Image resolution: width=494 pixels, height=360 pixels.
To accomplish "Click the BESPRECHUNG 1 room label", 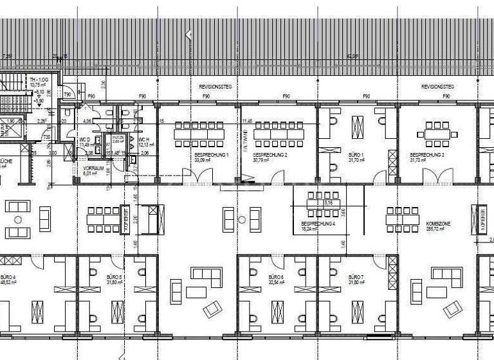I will pyautogui.click(x=212, y=155).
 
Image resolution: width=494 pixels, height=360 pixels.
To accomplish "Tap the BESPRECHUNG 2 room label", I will pyautogui.click(x=270, y=155).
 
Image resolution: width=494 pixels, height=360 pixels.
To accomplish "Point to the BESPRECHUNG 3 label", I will pyautogui.click(x=427, y=155).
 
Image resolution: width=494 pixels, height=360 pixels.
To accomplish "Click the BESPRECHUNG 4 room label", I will pyautogui.click(x=318, y=224).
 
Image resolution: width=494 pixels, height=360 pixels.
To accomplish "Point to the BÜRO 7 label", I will pyautogui.click(x=356, y=277).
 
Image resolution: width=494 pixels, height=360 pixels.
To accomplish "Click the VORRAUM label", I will pyautogui.click(x=93, y=168).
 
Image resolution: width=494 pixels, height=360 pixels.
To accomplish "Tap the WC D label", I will pyautogui.click(x=84, y=139).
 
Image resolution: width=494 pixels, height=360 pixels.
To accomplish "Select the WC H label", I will pyautogui.click(x=143, y=139).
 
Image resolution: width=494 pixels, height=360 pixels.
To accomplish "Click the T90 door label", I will pyautogui.click(x=68, y=94).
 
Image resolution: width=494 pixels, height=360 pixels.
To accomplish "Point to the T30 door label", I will pyautogui.click(x=46, y=137).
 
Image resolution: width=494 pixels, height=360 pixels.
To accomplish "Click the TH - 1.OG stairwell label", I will pyautogui.click(x=39, y=79).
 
